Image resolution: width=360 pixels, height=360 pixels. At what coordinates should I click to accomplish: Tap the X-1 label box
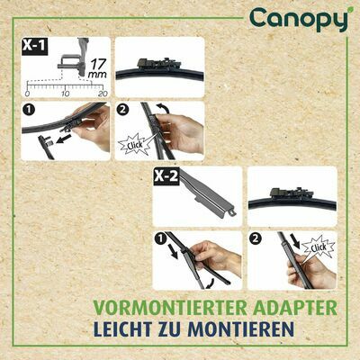35,48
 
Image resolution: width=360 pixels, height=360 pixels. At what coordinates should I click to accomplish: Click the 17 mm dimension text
95,68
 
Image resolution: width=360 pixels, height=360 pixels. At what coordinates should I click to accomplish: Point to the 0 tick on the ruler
29,94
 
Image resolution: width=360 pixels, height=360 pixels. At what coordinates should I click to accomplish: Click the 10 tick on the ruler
66,94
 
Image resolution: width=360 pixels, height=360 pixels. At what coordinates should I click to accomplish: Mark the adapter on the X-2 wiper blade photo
290,194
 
